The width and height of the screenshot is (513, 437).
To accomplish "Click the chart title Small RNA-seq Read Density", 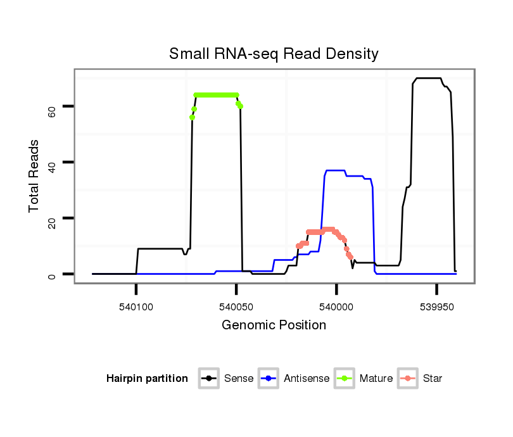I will pyautogui.click(x=274, y=54).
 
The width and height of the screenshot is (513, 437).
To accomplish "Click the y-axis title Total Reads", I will pyautogui.click(x=34, y=176).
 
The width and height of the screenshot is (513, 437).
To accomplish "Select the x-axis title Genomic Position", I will pyautogui.click(x=274, y=326).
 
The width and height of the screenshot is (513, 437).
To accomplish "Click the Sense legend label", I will pyautogui.click(x=239, y=379).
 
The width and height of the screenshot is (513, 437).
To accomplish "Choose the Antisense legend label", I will pyautogui.click(x=306, y=379).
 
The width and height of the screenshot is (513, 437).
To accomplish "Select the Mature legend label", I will pyautogui.click(x=376, y=379).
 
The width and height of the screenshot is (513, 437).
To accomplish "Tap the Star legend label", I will pyautogui.click(x=433, y=379).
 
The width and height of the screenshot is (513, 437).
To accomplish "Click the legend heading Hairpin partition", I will pyautogui.click(x=147, y=379).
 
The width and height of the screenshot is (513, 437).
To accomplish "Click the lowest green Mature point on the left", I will pyautogui.click(x=192, y=117).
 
